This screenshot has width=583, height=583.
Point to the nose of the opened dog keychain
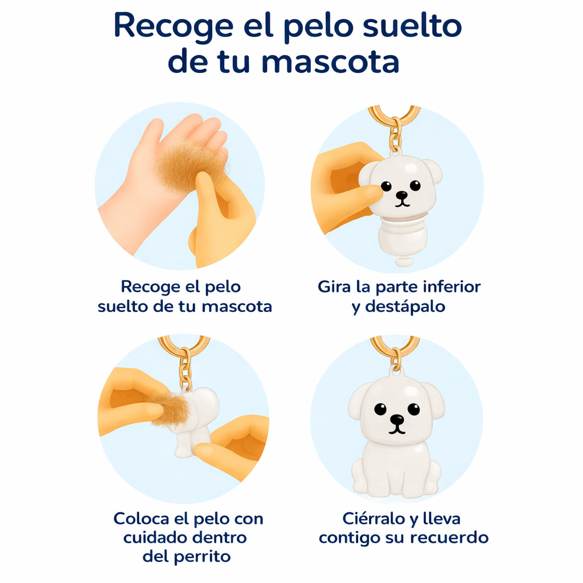coord(402,195)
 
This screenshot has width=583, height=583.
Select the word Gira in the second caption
coord(334,286)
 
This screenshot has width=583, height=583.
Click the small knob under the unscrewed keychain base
coord(403,262)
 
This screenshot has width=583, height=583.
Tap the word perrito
coord(203,556)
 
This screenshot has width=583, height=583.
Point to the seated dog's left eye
coord(380,409)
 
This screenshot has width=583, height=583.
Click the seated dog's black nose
coord(397,420)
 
